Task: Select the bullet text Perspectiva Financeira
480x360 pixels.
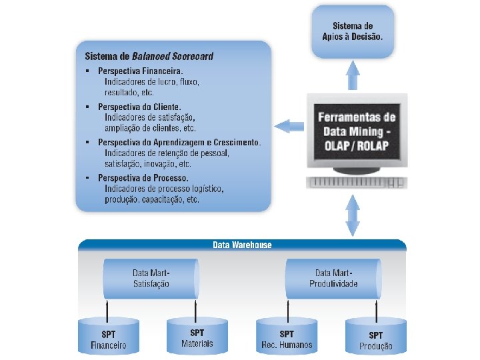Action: [140, 70]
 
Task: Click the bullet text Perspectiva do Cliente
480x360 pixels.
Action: [139, 106]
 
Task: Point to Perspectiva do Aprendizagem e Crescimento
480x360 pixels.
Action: [179, 142]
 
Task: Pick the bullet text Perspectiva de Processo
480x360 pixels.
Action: [143, 178]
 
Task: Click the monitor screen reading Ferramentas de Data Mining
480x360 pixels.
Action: [357, 129]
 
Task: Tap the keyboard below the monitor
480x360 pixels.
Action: [356, 182]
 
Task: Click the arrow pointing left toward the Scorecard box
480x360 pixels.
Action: [287, 125]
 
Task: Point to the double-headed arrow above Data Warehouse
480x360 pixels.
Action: [352, 214]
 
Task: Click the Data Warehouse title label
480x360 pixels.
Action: [242, 245]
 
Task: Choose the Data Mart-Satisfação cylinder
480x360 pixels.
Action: [151, 279]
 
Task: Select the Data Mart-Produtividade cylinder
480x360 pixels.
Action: [333, 279]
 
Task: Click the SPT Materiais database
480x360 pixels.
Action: [197, 337]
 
